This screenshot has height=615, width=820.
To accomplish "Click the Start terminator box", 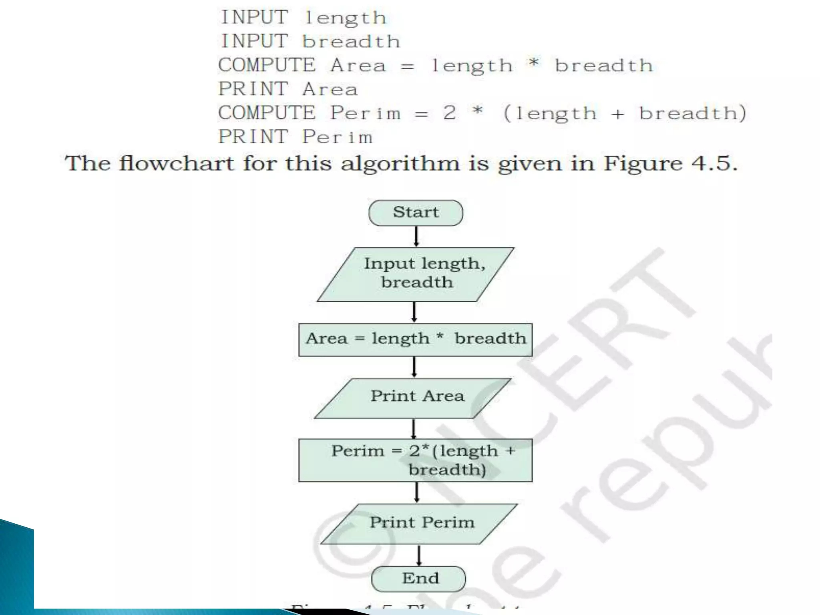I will pos(416,213).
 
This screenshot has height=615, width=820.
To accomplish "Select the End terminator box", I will pos(419,578).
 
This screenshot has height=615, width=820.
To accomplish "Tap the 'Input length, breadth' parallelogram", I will pos(416,274).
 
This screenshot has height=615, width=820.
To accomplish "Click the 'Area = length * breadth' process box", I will pos(415,340).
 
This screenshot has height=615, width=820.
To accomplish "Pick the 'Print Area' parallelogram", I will pos(413,398).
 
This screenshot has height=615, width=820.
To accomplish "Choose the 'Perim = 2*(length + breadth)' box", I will pos(415,460).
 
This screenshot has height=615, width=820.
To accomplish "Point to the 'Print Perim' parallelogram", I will pos(420,523).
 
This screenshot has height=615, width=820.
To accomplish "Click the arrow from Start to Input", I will pos(416,236).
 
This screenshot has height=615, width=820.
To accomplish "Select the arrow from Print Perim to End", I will pos(419,555).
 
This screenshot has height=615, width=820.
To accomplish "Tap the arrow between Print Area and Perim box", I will pos(414,428).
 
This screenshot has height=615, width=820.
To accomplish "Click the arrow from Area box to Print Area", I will pos(414,367).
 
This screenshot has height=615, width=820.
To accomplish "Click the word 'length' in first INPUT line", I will pos(345,18).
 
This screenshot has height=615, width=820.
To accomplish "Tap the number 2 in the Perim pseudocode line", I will pos(449,113).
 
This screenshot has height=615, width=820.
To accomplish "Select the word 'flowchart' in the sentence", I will pos(176,164).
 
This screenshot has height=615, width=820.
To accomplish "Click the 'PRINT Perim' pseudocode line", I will pos(295,137).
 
